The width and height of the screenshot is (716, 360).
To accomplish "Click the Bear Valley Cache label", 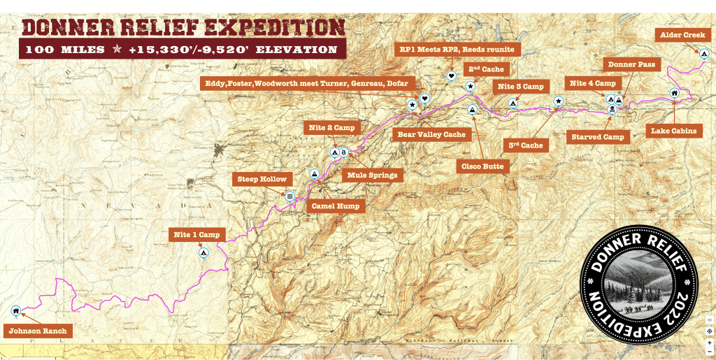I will pyautogui.click(x=431, y=134).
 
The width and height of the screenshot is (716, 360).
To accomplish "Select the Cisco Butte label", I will pyautogui.click(x=481, y=167).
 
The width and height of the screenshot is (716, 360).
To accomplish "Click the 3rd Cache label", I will pyautogui.click(x=525, y=145).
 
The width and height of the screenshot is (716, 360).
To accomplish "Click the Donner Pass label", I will pyautogui.click(x=631, y=65).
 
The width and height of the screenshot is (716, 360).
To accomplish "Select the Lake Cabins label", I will pyautogui.click(x=674, y=131).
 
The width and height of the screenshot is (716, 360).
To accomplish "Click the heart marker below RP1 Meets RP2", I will pyautogui.click(x=452, y=75).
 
